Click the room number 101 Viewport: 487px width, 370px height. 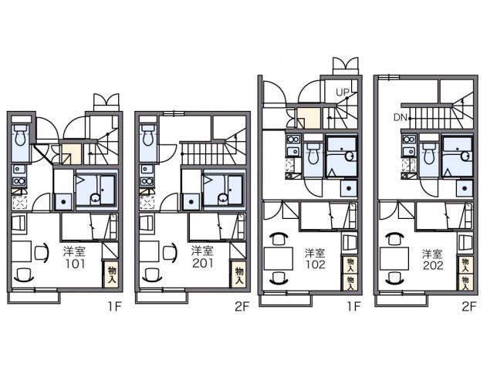(x=75, y=264)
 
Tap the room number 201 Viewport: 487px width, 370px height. (x=202, y=264)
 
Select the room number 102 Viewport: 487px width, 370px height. (x=315, y=264)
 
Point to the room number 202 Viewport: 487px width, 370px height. (x=432, y=265)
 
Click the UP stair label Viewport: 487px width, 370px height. (x=343, y=92)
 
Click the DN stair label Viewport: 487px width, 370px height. (x=401, y=117)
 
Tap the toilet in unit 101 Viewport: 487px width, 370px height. (x=21, y=136)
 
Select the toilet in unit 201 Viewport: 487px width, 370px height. (x=148, y=136)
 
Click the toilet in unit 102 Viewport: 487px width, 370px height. (x=313, y=154)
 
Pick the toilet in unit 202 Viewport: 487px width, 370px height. (x=429, y=154)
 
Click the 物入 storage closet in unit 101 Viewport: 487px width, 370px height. (x=112, y=274)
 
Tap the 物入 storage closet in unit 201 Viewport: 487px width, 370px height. (x=239, y=274)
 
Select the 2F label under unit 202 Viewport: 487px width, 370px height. (x=468, y=307)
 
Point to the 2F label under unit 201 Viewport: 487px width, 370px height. (x=242, y=307)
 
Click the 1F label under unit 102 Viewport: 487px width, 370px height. (x=353, y=307)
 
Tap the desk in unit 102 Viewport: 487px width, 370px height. (x=278, y=259)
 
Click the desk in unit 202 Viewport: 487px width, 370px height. (x=394, y=259)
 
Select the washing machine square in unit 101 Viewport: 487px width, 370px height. (x=63, y=202)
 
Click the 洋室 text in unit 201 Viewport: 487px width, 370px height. (x=201, y=251)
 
